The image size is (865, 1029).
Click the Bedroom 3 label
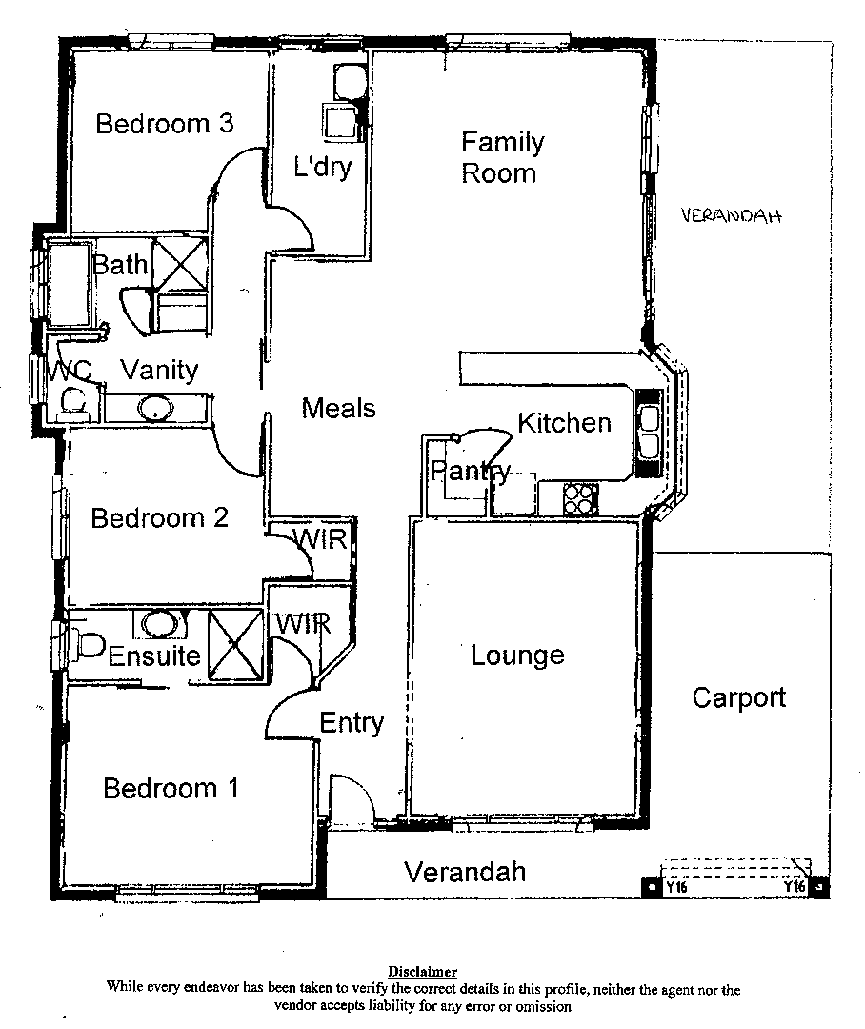click(165, 124)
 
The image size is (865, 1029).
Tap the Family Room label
click(502, 158)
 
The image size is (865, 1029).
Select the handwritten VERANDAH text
click(732, 216)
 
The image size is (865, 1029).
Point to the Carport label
click(738, 697)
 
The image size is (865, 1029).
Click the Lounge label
click(517, 656)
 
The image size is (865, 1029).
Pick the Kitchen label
click(564, 422)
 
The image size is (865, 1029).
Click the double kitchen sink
click(649, 432)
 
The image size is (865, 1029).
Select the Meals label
click(338, 409)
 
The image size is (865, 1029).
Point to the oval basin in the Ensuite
click(160, 624)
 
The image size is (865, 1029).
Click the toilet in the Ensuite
click(88, 645)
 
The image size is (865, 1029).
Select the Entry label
click(351, 723)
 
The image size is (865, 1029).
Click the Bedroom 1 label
click(171, 789)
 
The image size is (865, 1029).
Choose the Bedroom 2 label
click(159, 518)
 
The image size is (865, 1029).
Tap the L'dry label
click(322, 169)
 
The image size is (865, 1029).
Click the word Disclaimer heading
click(422, 973)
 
